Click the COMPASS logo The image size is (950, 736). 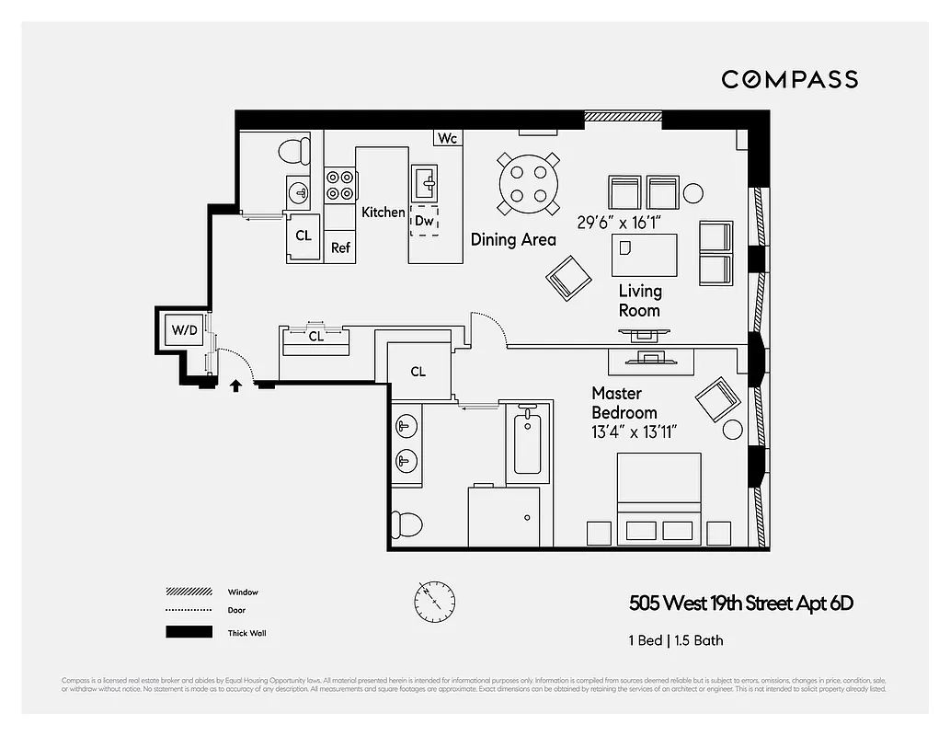click(x=789, y=79)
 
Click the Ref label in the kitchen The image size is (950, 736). click(x=341, y=247)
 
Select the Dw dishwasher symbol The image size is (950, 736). click(x=424, y=221)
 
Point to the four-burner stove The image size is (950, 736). click(x=340, y=184)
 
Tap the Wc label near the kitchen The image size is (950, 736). click(x=448, y=138)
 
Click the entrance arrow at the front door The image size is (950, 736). click(x=235, y=385)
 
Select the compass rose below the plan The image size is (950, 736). click(x=433, y=601)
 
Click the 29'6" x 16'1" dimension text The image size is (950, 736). click(x=621, y=222)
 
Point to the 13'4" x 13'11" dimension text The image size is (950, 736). click(x=635, y=431)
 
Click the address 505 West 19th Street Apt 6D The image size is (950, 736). click(x=741, y=604)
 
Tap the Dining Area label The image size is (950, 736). click(x=513, y=239)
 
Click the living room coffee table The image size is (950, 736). click(x=645, y=255)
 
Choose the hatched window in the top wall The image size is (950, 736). click(x=623, y=117)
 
